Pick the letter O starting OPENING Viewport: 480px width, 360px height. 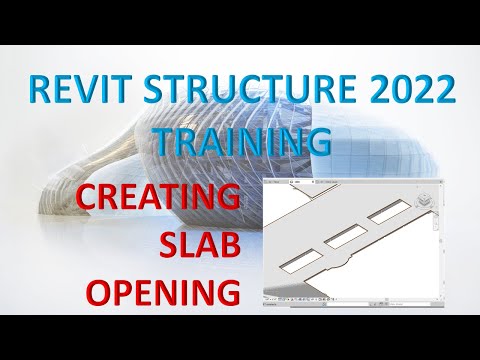tap(101, 294)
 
